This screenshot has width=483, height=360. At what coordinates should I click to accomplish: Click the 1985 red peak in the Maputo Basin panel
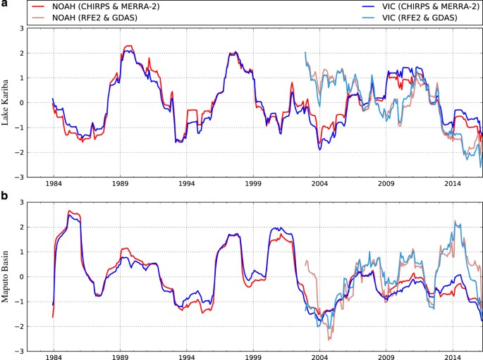(69, 211)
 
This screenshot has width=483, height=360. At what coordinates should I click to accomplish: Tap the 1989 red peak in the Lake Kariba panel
(128, 46)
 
